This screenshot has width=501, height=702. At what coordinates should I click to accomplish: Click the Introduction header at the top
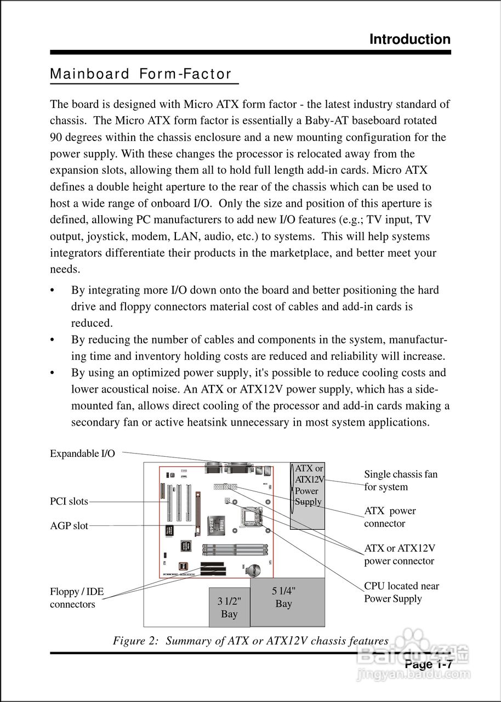(409, 39)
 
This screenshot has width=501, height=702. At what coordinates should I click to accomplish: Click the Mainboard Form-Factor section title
(141, 75)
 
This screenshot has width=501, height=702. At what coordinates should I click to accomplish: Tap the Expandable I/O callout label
(82, 454)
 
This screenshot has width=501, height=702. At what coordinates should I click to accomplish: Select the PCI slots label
(69, 501)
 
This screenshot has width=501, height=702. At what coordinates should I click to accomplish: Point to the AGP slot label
(69, 526)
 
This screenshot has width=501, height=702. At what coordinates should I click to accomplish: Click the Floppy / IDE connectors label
(77, 598)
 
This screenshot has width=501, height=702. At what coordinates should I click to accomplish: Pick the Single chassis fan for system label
(401, 480)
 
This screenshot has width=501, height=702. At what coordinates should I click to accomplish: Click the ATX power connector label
(390, 517)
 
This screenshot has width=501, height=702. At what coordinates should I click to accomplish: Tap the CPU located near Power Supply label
(401, 592)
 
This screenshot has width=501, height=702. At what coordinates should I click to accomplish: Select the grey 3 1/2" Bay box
(229, 607)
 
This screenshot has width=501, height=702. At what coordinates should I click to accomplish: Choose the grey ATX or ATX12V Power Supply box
(308, 496)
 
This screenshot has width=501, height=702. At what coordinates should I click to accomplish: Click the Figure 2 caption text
(251, 641)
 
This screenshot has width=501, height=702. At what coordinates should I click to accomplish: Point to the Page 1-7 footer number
(428, 665)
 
